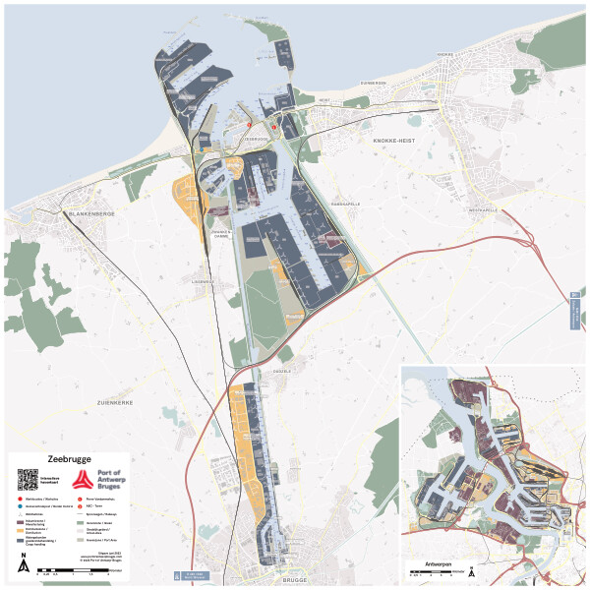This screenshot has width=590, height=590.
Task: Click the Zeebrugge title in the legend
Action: [x=62, y=459]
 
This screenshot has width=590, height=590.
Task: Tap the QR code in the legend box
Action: [x=28, y=480]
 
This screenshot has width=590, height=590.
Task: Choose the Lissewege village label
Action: [x=204, y=280]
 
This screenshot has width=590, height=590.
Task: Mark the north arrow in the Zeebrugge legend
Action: [x=23, y=564]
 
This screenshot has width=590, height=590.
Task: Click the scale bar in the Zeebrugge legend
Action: [x=73, y=571]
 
